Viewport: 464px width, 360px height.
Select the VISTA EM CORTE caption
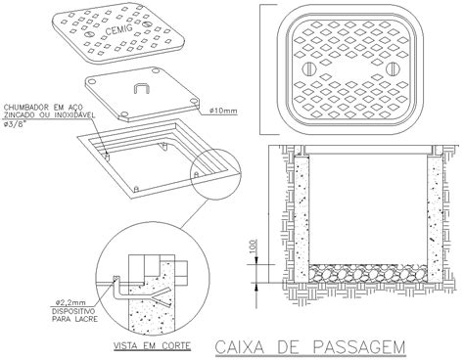click(146, 345)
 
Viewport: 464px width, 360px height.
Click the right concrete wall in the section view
click(438, 220)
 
